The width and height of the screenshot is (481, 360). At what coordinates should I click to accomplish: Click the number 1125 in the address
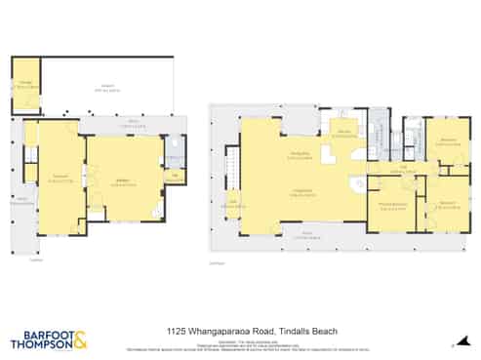coord(176,331)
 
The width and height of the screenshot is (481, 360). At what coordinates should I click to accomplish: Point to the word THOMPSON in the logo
coord(39,342)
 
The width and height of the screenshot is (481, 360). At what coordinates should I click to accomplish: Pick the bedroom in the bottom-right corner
coord(447,203)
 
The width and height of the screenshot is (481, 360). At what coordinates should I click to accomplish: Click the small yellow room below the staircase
coord(233,204)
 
